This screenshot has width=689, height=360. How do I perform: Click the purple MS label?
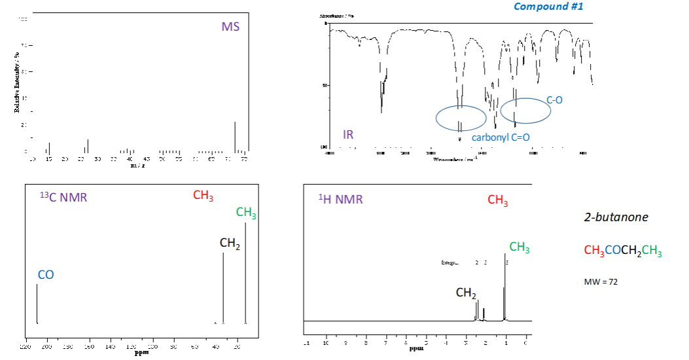point(230,27)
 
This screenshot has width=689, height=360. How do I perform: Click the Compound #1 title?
point(548,7)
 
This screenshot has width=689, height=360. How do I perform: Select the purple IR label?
point(349,135)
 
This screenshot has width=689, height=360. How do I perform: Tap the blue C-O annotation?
point(554,100)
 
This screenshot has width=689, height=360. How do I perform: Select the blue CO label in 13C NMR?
point(46,275)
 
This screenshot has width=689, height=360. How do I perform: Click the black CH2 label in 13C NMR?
point(230,243)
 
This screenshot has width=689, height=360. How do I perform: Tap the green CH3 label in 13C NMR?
point(246,213)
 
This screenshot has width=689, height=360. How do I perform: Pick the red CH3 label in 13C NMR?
point(203,196)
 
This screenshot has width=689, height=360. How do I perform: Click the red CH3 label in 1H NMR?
point(497,200)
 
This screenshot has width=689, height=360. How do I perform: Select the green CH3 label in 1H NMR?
point(519,247)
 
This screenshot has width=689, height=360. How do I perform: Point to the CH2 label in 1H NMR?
point(466,293)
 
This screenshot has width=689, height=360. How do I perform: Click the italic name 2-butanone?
point(616,217)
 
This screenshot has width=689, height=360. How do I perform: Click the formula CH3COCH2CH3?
point(622,251)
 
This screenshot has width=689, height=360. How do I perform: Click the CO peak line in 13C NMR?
point(37,303)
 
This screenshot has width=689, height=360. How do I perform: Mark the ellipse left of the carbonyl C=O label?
point(461,117)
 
